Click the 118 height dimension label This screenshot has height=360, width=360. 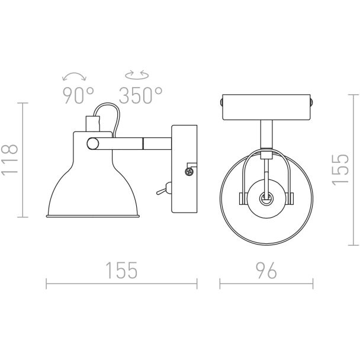pos(9,160)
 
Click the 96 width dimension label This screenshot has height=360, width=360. pos(266,271)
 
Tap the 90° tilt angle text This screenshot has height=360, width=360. pos(78,95)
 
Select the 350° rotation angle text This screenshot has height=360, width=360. pos(140,95)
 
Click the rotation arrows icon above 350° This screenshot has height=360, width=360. pos(137,75)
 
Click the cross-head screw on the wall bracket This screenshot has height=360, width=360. pos(189,171)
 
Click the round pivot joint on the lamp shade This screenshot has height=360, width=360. pos(93,144)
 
